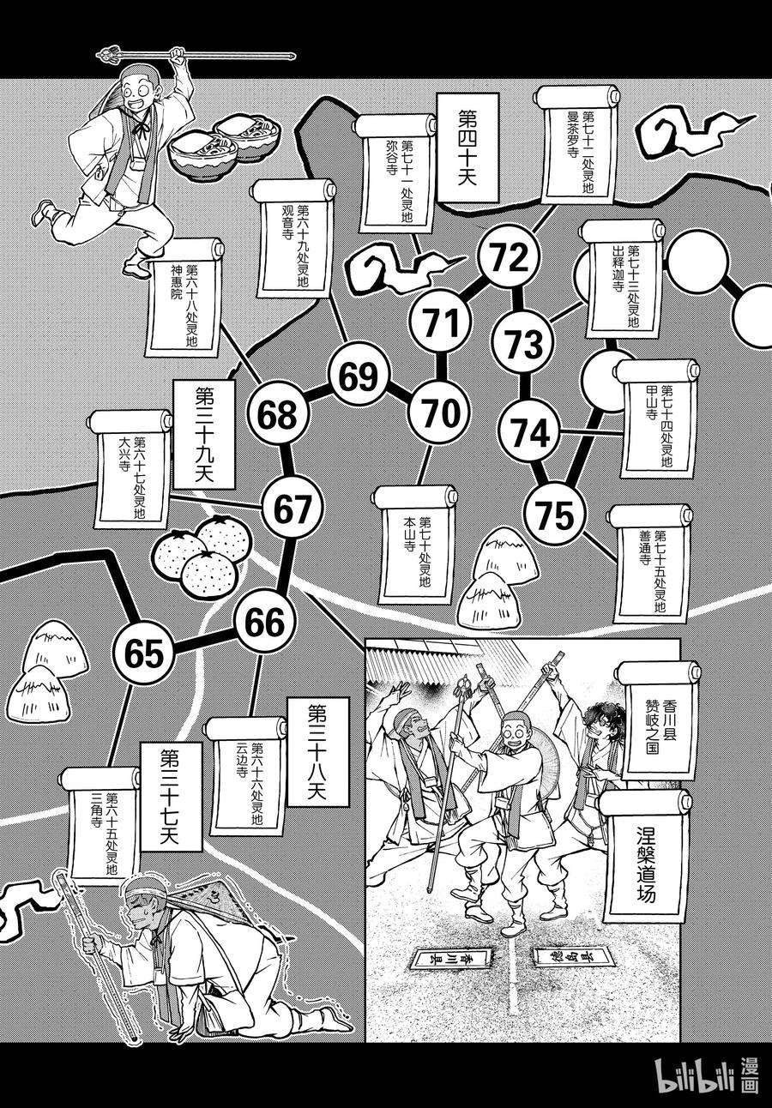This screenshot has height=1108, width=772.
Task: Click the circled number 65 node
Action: pos(142,654)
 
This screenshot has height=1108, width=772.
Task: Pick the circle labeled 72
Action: pos(510,256)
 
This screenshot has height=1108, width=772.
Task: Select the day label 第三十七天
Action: pos(169,797)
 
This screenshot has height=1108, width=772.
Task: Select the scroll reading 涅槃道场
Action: pos(645,864)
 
